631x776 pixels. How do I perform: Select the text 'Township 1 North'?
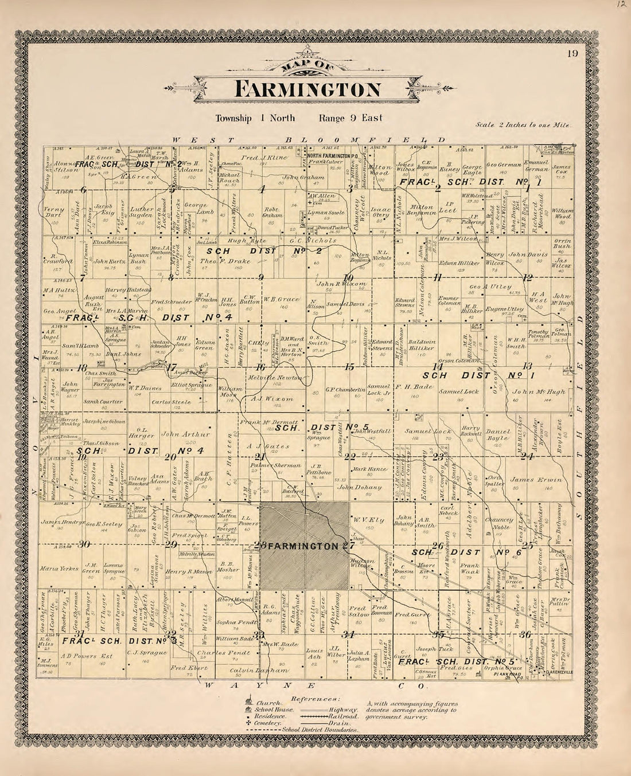pos(255,118)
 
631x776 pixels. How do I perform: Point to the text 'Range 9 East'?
pos(351,118)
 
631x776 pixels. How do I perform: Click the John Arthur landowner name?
pos(183,434)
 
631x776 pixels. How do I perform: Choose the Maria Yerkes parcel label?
pos(56,569)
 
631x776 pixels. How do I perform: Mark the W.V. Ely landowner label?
pos(364,520)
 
